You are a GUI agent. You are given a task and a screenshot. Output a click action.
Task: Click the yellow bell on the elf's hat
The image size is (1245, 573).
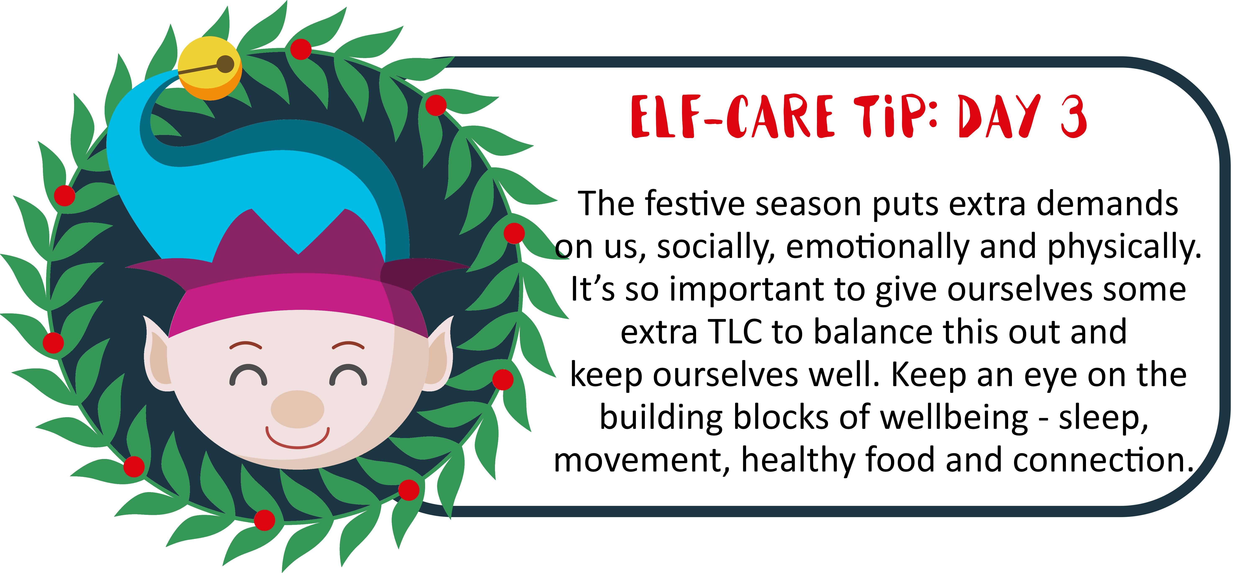(209, 68)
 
